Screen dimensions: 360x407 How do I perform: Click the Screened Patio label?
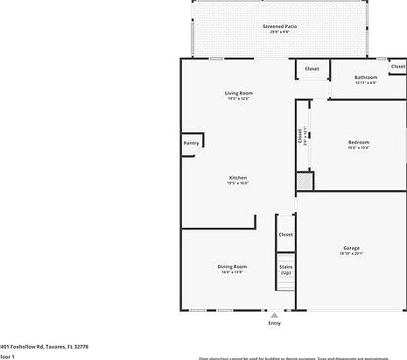point(279,27)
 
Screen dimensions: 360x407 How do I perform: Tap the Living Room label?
point(238,93)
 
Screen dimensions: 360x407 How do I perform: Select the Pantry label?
point(191,144)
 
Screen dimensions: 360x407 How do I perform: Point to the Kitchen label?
point(238,177)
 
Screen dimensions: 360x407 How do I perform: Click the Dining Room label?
point(232,266)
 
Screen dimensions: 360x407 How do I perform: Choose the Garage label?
point(351,248)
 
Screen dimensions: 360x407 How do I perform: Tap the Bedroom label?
point(359,142)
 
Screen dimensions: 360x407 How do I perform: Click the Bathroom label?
point(366,77)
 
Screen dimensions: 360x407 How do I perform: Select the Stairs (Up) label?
point(285,269)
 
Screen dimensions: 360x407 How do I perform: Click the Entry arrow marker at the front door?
point(275,315)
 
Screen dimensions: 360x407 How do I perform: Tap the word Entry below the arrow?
point(275,323)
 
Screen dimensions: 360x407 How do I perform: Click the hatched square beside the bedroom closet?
point(304,180)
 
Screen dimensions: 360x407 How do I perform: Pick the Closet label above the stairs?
point(285,235)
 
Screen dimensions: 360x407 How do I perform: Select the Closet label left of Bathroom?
point(312,68)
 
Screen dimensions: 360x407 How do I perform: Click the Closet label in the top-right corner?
point(397,67)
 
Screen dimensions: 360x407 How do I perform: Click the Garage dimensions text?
point(351,254)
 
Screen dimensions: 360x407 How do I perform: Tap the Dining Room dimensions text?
point(232,272)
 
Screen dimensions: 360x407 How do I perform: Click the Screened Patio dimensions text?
point(279,33)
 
